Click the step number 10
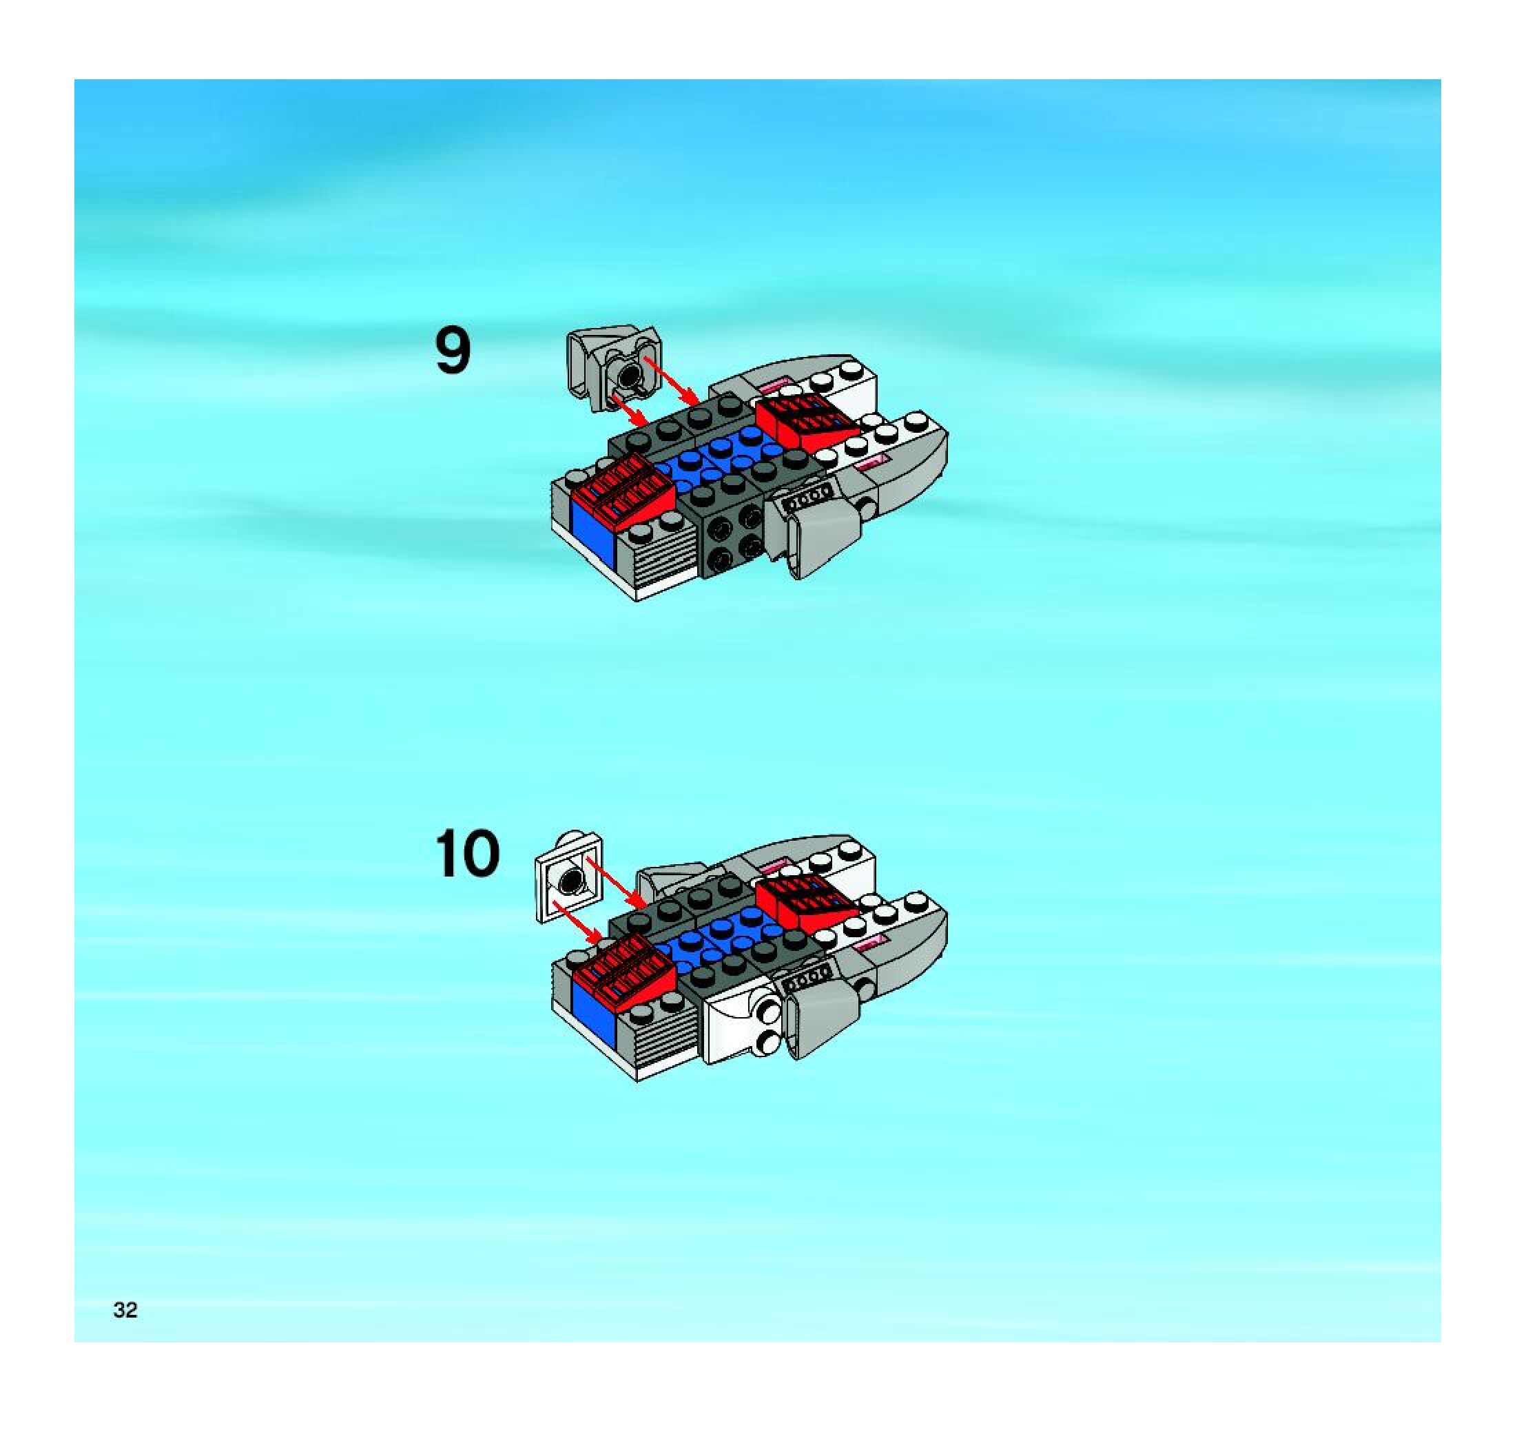click(467, 853)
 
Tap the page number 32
click(125, 1310)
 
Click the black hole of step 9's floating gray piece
click(630, 376)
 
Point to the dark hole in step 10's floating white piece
click(570, 880)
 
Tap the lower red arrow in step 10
click(577, 921)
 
